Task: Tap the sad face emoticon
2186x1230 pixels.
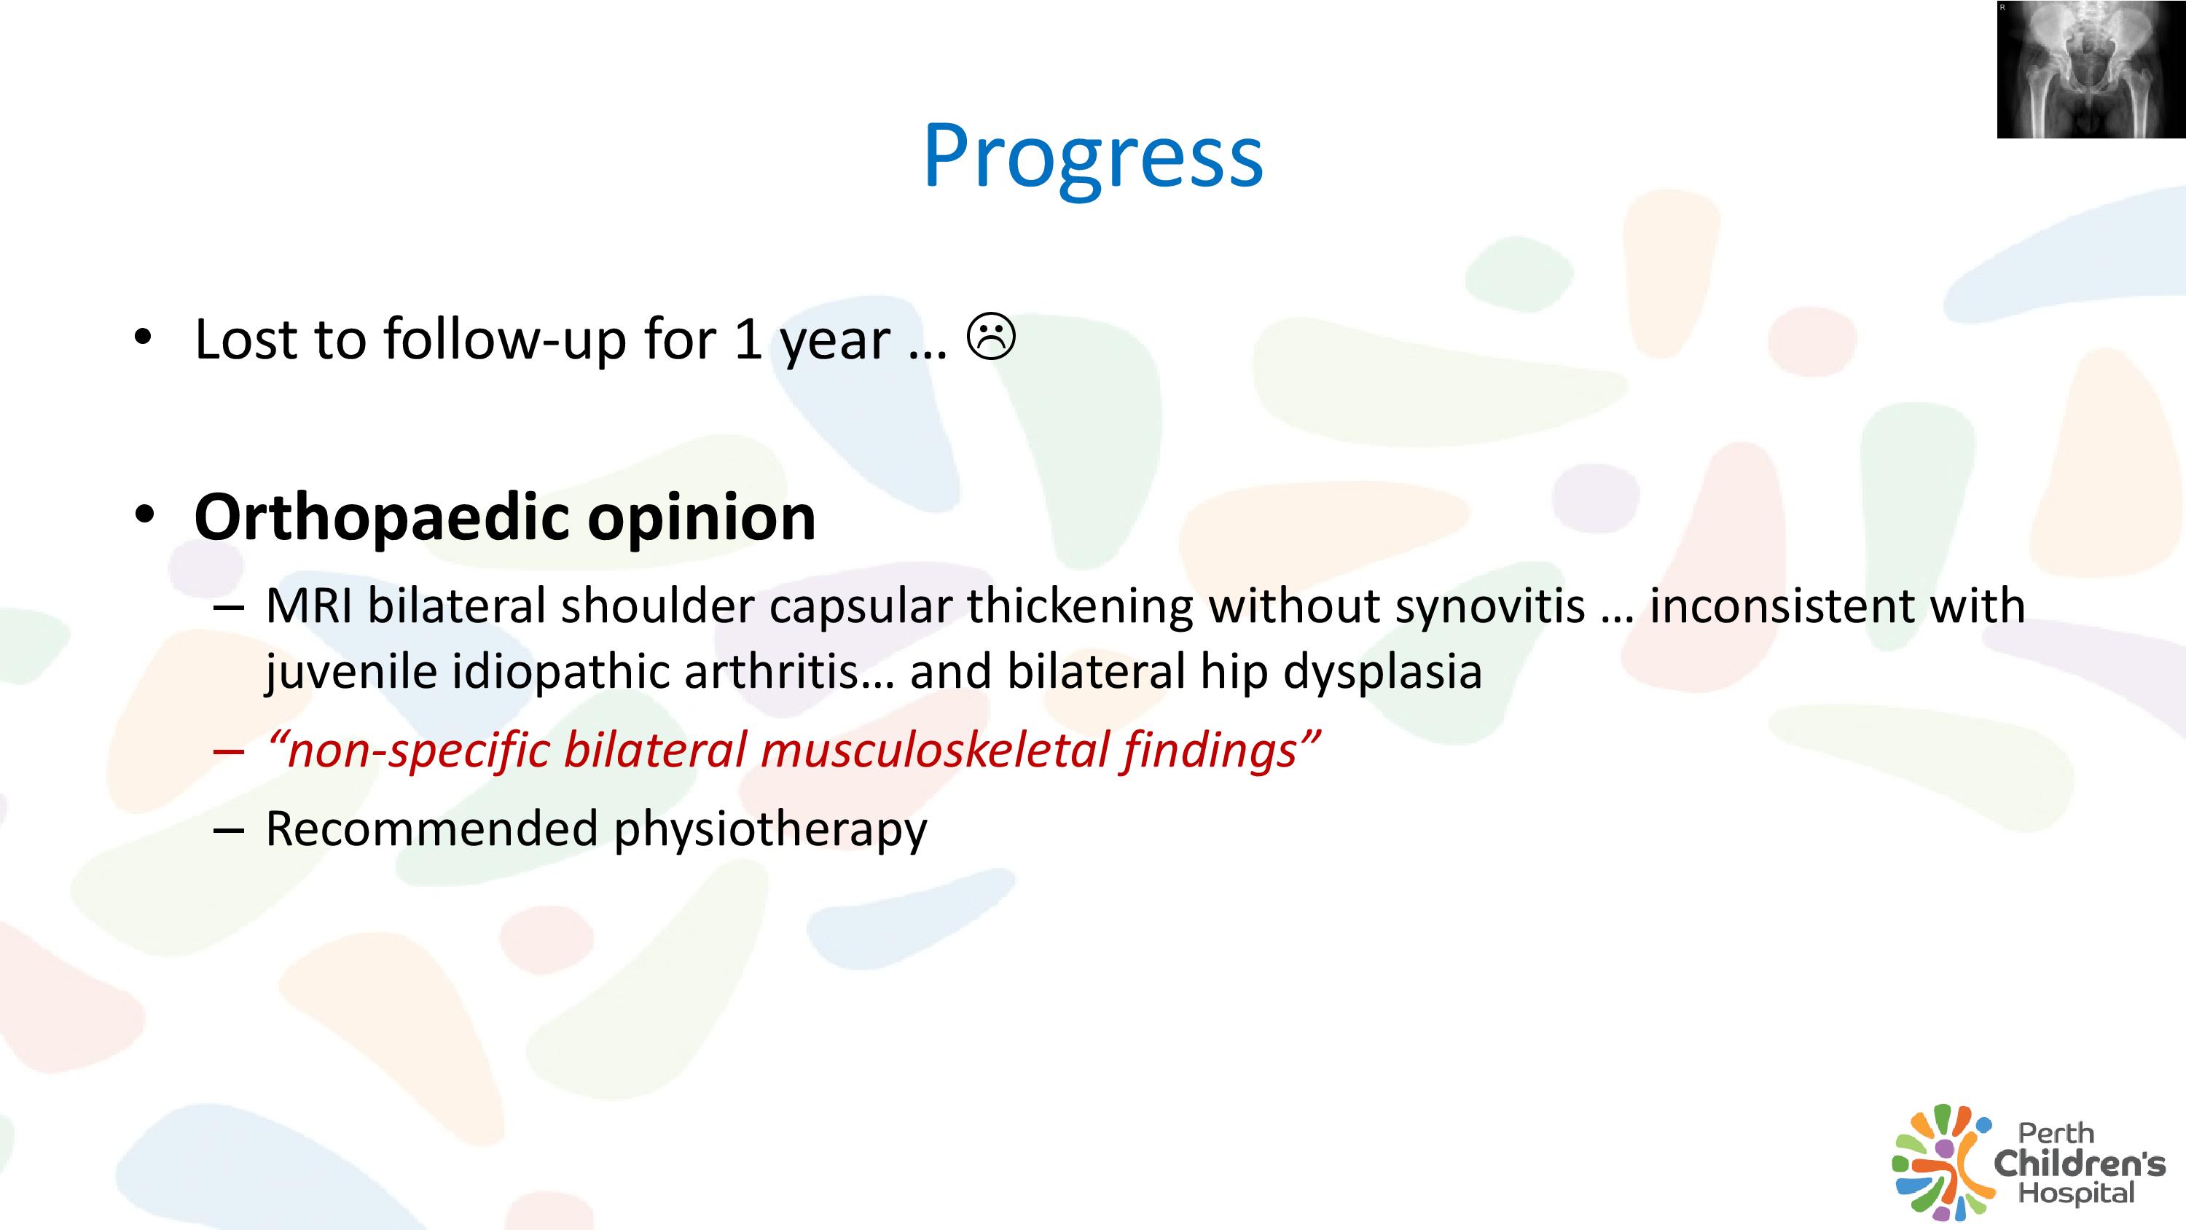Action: click(x=990, y=337)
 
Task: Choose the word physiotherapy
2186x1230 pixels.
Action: click(x=770, y=830)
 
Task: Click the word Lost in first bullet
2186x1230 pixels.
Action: click(x=246, y=339)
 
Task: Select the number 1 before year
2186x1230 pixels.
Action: click(x=747, y=339)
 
